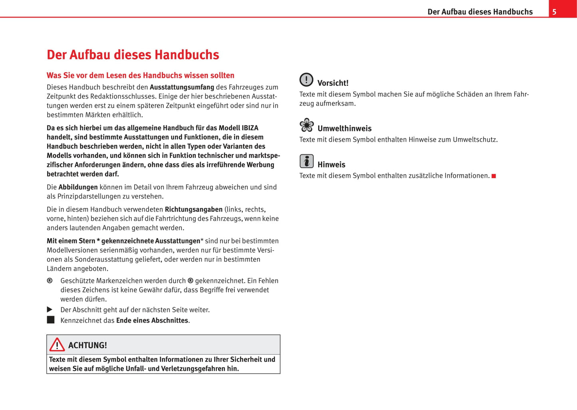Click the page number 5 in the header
(x=554, y=12)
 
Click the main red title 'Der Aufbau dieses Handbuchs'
(x=133, y=55)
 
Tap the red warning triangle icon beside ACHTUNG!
(x=57, y=344)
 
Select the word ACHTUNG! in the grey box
(x=87, y=345)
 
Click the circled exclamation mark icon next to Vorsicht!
(x=306, y=80)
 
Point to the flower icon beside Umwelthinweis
(x=307, y=125)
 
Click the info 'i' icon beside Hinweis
(x=307, y=161)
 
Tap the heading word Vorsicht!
(x=333, y=83)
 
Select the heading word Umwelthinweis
(x=344, y=129)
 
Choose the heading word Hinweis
(x=331, y=165)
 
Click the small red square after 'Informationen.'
(x=494, y=176)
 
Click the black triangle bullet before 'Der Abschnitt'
(x=50, y=309)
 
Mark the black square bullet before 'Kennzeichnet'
(x=51, y=320)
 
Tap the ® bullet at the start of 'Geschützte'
(x=50, y=281)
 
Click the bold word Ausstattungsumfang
(x=182, y=87)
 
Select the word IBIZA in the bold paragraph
(x=250, y=128)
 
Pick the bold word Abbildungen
(x=78, y=187)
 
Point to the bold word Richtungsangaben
(x=193, y=209)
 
